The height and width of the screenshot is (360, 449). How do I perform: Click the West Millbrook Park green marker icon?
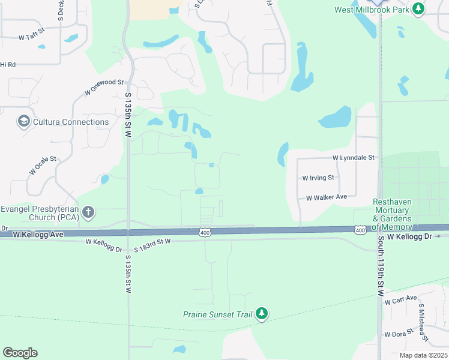point(419,9)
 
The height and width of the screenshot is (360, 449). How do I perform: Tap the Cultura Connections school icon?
point(24,122)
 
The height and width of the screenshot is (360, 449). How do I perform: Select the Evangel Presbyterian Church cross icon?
point(88,212)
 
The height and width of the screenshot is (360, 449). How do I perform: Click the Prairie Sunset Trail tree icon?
point(261,314)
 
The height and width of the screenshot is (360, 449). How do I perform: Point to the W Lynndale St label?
point(354,158)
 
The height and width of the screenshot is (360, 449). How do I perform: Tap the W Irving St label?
point(318,178)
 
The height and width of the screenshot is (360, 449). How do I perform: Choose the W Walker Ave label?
point(327,197)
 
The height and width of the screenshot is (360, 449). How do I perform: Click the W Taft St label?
point(32,34)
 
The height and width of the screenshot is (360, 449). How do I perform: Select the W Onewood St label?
point(104,87)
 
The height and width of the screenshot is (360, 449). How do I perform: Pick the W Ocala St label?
point(42,166)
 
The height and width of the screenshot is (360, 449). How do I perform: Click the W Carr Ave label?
point(401,300)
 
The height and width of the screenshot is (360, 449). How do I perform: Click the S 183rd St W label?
point(152,241)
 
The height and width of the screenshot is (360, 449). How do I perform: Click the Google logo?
point(20,353)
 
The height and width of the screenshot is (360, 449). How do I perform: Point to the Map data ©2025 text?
point(423,355)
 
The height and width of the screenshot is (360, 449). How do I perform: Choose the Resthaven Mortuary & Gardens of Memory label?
point(392,214)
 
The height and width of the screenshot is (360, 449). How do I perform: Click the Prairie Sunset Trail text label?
point(218,314)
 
